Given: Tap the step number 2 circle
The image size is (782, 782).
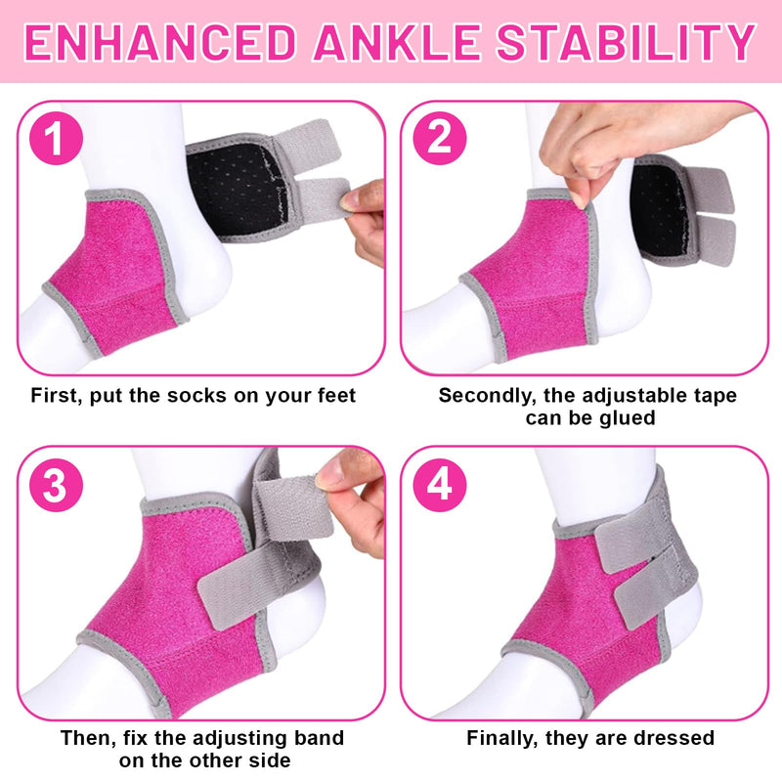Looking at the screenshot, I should (x=439, y=139).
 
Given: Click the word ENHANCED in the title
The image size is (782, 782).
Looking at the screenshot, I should (x=155, y=42).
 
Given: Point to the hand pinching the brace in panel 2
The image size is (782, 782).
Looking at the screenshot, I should (x=596, y=147).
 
